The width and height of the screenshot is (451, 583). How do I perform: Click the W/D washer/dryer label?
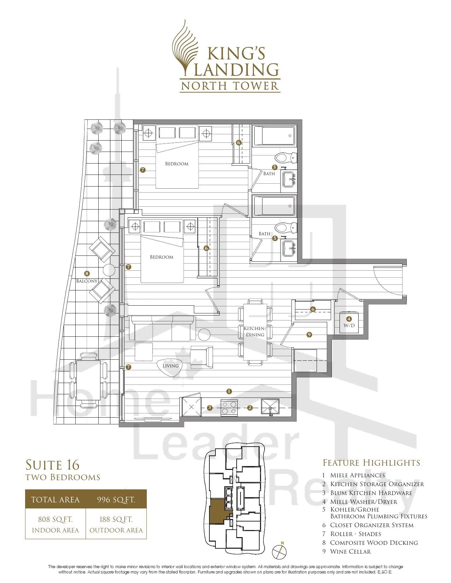(349, 325)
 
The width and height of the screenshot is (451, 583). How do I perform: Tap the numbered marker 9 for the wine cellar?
(309, 335)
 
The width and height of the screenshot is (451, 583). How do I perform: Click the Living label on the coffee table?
(170, 366)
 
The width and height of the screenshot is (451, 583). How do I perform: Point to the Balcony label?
(87, 281)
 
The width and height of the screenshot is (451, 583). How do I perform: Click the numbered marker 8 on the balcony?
(87, 274)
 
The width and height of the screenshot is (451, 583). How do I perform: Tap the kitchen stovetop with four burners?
(229, 408)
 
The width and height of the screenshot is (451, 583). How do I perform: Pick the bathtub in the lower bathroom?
(274, 206)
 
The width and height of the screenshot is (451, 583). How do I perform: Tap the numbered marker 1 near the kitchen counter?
(229, 391)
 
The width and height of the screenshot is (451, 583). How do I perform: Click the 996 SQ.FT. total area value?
(116, 500)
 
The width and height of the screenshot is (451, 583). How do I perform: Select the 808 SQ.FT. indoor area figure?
(55, 519)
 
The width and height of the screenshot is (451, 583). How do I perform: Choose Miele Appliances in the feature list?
(358, 475)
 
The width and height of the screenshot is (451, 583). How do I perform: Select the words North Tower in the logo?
(230, 86)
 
